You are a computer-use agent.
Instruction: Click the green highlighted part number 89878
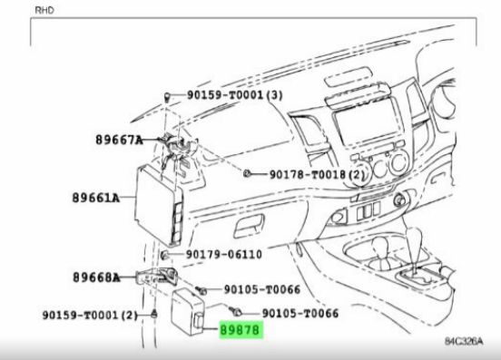[241, 330]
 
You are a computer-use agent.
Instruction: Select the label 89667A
[119, 140]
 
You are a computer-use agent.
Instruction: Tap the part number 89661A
[96, 198]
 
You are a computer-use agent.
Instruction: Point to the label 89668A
[96, 277]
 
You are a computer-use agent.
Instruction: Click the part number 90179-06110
[224, 255]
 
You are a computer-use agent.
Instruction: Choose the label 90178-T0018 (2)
[317, 175]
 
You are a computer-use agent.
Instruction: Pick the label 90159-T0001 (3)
[235, 95]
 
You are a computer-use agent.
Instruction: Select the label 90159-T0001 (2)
[90, 316]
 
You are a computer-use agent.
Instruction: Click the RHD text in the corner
[44, 10]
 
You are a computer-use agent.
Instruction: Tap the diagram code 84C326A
[464, 341]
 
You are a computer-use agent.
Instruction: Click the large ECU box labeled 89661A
[159, 206]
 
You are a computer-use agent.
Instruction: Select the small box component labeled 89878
[188, 312]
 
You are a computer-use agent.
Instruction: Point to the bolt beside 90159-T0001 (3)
[167, 96]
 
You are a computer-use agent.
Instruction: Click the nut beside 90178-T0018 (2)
[247, 173]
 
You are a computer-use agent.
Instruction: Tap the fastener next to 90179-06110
[164, 255]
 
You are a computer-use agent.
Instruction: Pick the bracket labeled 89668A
[156, 276]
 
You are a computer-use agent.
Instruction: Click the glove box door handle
[250, 226]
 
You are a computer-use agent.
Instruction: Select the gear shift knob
[415, 237]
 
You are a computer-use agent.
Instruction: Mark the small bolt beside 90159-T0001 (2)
[154, 314]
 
